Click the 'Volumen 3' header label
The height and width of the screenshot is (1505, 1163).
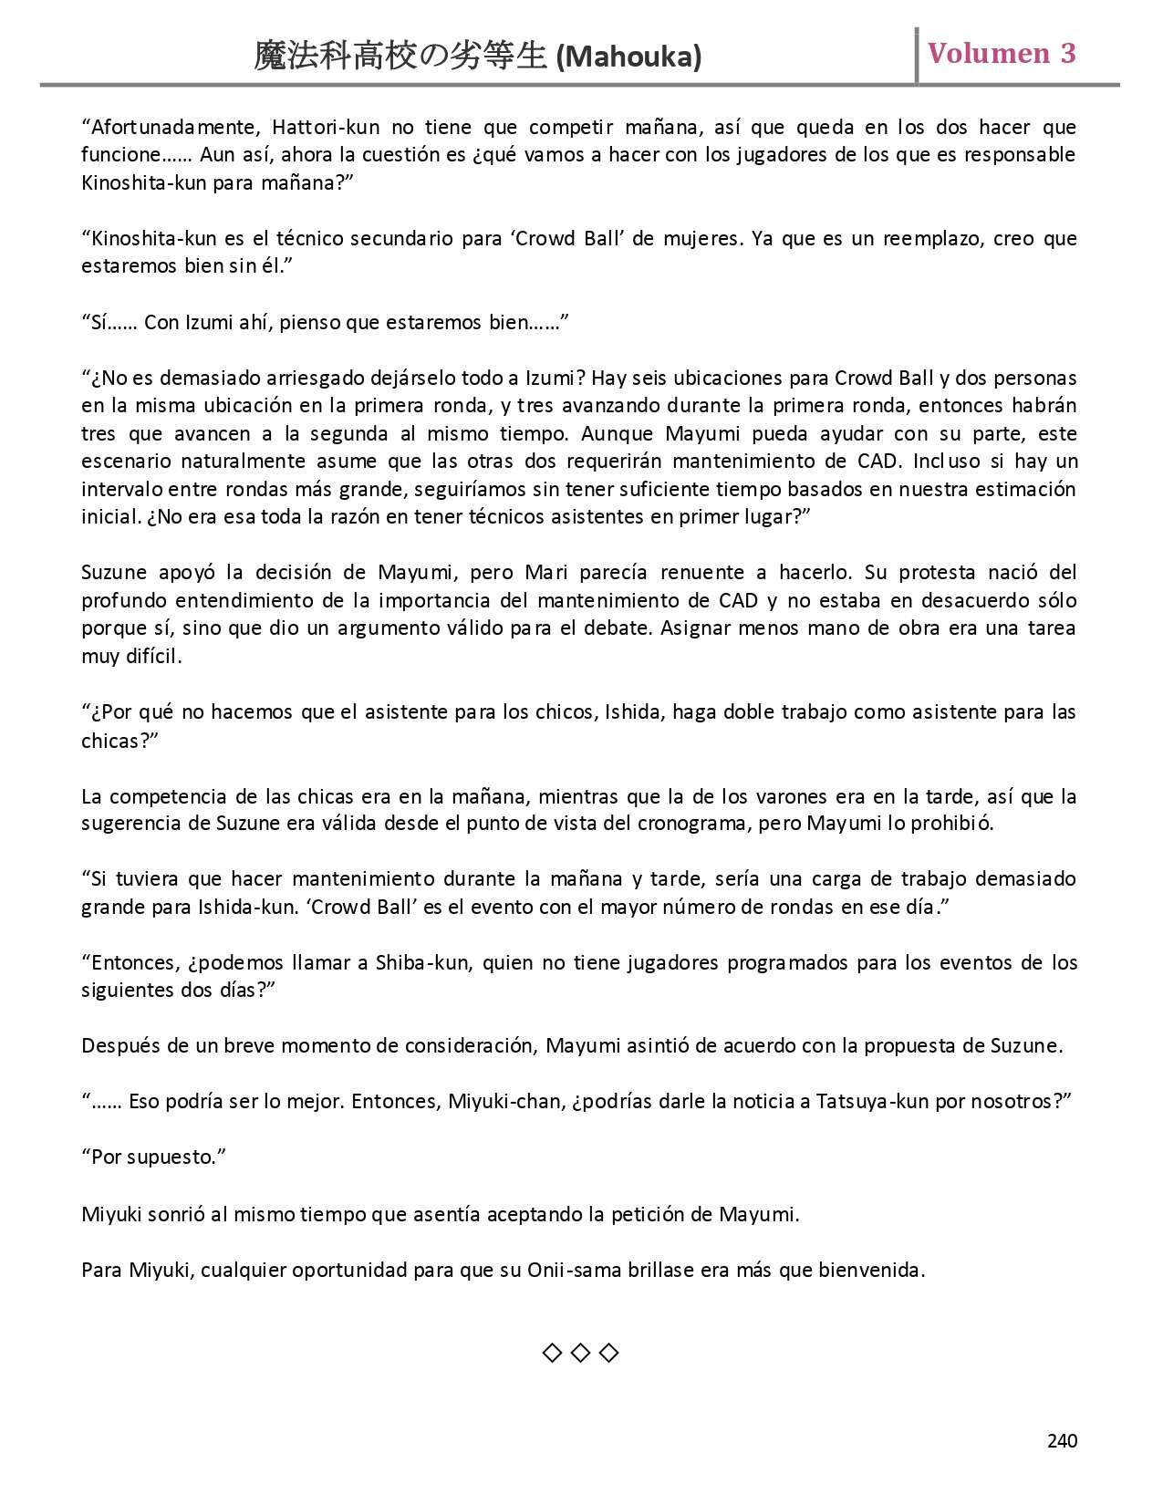(1002, 53)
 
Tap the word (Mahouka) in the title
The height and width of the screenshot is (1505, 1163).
(628, 57)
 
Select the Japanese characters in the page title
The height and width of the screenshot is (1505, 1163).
(401, 57)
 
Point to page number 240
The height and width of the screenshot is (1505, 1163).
(1062, 1440)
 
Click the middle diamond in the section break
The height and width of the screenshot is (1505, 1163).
(580, 1353)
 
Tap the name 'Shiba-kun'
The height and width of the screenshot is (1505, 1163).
(423, 963)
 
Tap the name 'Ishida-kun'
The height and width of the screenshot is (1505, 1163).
(217, 908)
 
